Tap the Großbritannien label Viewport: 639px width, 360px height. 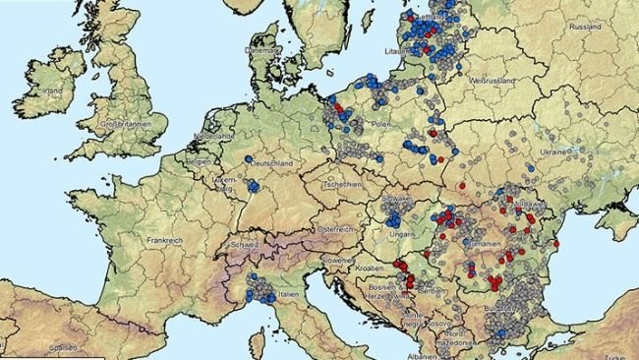click(x=127, y=124)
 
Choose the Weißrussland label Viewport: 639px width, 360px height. click(x=494, y=76)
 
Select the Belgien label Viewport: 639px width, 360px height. click(x=199, y=159)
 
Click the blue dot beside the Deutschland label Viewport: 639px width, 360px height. click(x=250, y=159)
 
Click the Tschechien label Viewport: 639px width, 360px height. click(x=345, y=184)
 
